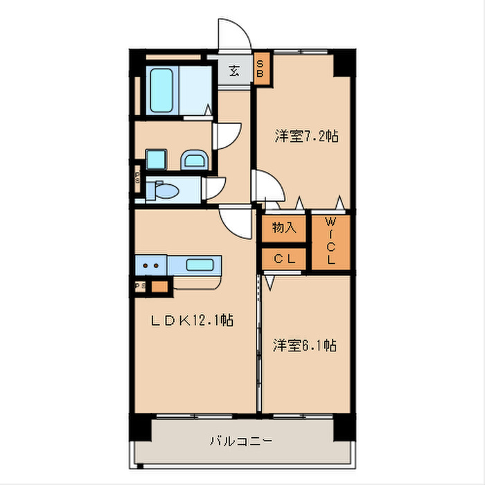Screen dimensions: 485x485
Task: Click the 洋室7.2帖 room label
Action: pyautogui.click(x=306, y=136)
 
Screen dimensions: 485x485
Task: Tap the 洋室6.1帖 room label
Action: pyautogui.click(x=304, y=344)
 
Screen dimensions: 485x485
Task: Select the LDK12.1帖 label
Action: pyautogui.click(x=192, y=321)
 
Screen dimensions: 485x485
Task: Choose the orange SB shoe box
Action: pyautogui.click(x=261, y=69)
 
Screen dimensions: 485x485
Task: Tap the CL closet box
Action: pyautogui.click(x=284, y=259)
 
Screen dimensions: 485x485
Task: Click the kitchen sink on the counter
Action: pyautogui.click(x=201, y=264)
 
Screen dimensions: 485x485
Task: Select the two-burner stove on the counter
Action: pyautogui.click(x=152, y=264)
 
